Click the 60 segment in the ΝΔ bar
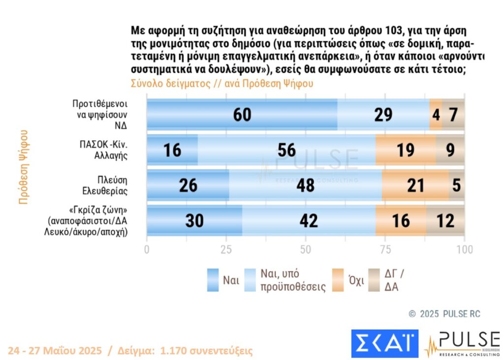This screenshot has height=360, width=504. point(242,114)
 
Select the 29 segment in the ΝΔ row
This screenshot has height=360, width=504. point(383,114)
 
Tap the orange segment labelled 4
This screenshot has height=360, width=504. point(436,114)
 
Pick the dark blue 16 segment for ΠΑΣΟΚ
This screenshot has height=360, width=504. point(172,150)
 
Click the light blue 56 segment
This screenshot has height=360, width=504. point(286,150)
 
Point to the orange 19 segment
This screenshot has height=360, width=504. point(406,150)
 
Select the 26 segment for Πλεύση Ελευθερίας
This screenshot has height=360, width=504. point(188,185)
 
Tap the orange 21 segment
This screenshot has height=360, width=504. point(415,185)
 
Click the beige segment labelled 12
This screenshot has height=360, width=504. point(445,221)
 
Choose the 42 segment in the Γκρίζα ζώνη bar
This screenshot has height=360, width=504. point(309,221)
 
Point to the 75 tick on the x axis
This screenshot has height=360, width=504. point(385,249)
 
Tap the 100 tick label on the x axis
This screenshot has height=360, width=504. point(465,249)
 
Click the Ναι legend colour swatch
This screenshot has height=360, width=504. point(213,280)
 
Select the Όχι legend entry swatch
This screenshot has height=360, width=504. point(338,280)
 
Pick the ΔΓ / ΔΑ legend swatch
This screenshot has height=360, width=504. point(375,280)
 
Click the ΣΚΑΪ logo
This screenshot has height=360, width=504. point(384,343)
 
